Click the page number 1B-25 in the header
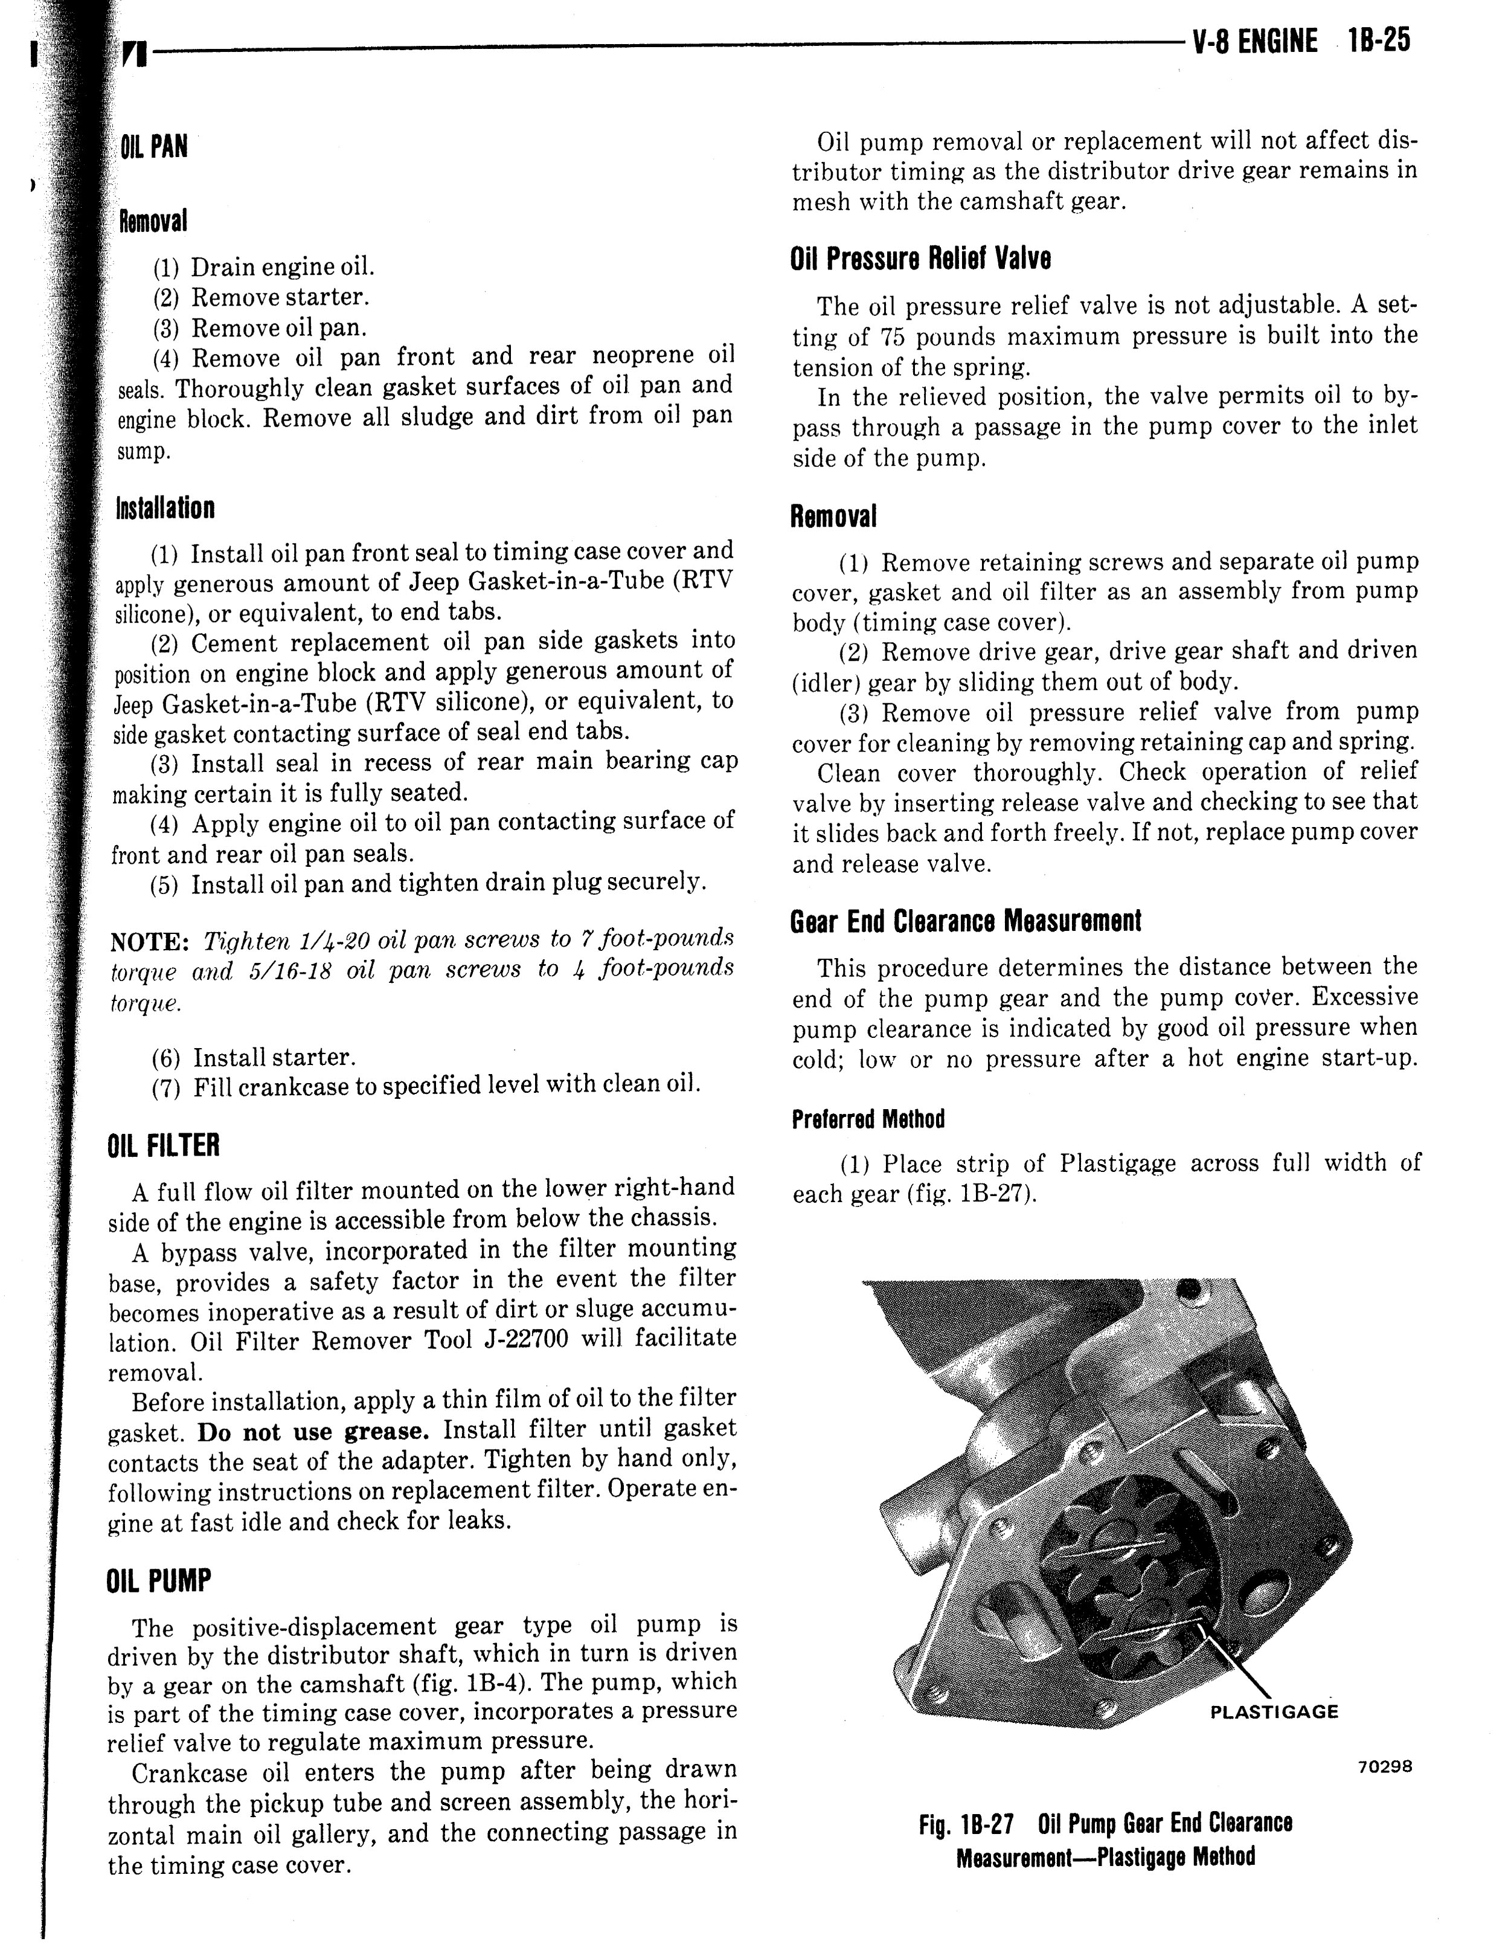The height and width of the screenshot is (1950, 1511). click(x=1379, y=41)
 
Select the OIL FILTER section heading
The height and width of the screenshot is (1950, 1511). click(x=162, y=1145)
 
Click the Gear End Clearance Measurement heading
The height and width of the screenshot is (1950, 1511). click(x=966, y=921)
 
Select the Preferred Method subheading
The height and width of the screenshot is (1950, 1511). click(x=867, y=1119)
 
